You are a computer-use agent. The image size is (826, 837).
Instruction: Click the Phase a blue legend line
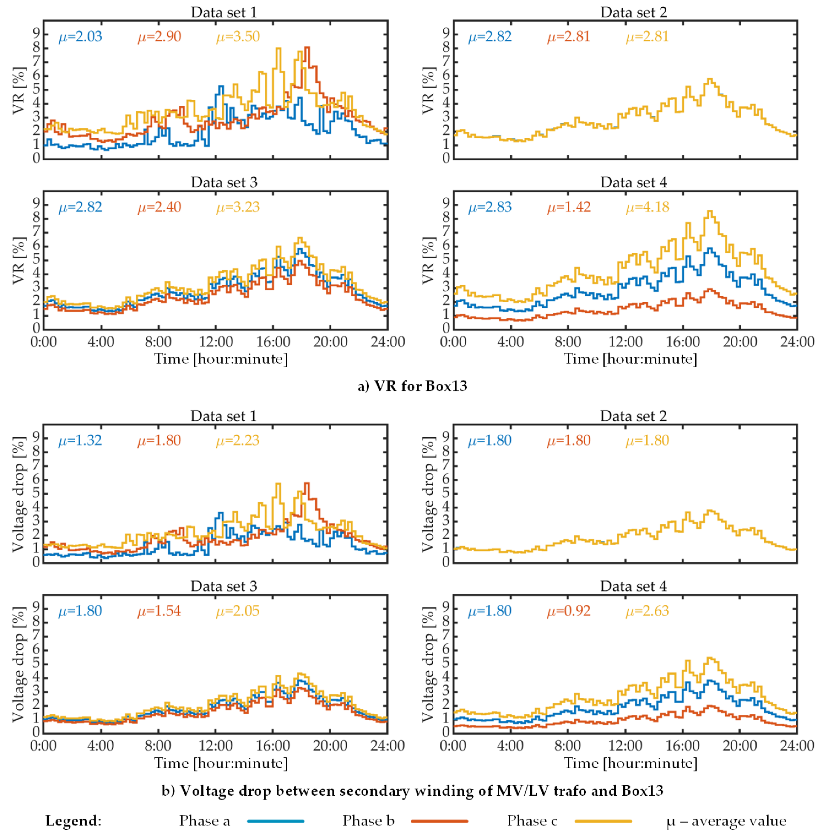click(276, 821)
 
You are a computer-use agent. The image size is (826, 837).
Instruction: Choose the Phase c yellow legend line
click(603, 821)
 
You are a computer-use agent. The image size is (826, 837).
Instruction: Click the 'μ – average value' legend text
click(726, 821)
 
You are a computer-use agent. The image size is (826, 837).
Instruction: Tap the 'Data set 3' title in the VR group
click(224, 182)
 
